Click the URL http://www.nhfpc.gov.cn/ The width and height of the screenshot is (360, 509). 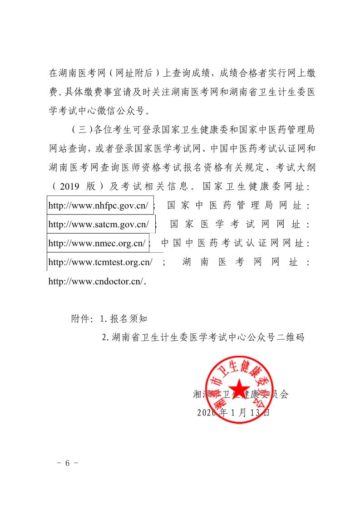click(x=98, y=206)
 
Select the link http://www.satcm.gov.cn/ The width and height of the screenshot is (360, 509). click(x=99, y=225)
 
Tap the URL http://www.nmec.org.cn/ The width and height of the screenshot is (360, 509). click(x=97, y=244)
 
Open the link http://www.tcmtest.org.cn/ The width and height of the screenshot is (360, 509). click(x=100, y=262)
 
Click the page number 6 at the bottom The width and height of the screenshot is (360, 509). click(x=68, y=463)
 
